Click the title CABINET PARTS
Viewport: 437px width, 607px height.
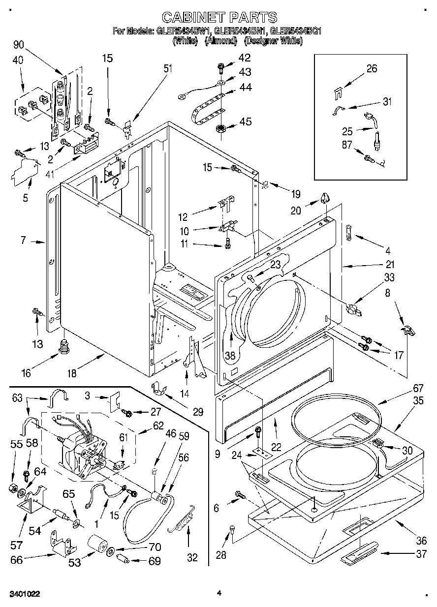(x=219, y=18)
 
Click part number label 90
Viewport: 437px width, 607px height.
(x=19, y=45)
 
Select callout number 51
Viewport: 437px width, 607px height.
(x=168, y=68)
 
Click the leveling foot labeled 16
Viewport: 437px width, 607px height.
(x=63, y=346)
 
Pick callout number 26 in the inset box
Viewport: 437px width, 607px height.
(x=372, y=68)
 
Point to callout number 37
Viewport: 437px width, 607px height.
(x=421, y=554)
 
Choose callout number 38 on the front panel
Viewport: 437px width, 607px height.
(x=230, y=354)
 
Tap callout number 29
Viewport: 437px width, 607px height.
(x=198, y=412)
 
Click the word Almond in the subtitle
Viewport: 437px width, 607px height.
(x=220, y=41)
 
